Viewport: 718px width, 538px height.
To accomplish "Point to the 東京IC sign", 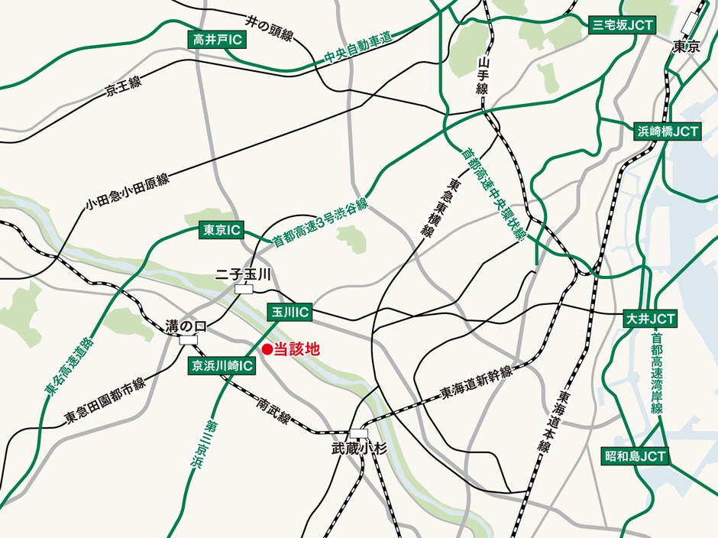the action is (221, 229).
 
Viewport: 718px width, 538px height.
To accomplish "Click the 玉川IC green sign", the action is (289, 312).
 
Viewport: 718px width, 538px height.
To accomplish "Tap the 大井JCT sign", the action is (650, 317).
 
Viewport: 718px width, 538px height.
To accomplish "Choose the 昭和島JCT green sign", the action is (636, 456).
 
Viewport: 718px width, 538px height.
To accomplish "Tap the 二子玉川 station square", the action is (244, 289).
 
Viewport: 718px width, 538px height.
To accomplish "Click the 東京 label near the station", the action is (686, 47).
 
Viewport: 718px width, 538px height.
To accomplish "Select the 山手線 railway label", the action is (483, 76).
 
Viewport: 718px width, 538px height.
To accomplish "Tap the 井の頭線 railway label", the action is (270, 28).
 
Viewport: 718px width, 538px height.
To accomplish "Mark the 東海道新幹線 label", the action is (476, 381).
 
